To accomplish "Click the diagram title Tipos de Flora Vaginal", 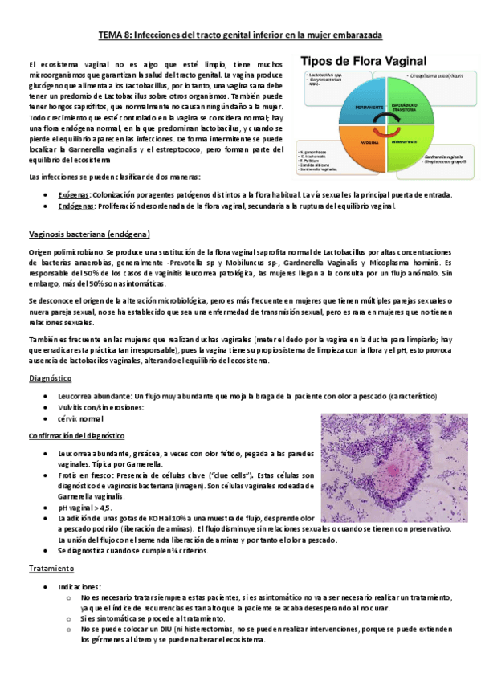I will pyautogui.click(x=378, y=62).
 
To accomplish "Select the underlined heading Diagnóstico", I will pyautogui.click(x=51, y=378).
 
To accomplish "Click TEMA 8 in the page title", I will pyautogui.click(x=116, y=35).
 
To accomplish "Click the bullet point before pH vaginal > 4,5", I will pyautogui.click(x=49, y=508).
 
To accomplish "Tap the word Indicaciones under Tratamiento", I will pyautogui.click(x=79, y=587).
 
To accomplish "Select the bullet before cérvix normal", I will pyautogui.click(x=49, y=419).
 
